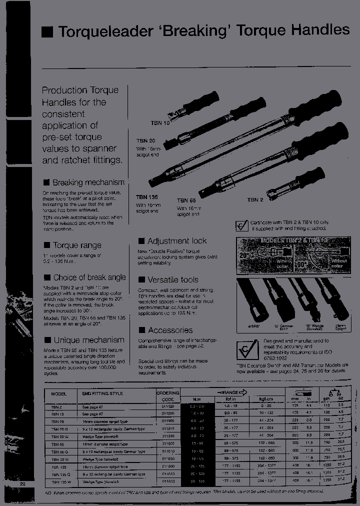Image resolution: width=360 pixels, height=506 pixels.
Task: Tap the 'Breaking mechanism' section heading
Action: (x=88, y=182)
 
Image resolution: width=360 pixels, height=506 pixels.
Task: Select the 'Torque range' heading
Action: (x=77, y=245)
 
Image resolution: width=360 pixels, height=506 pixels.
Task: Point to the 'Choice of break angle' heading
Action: (x=89, y=277)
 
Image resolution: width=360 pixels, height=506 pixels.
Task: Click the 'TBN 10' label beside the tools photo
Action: (x=160, y=122)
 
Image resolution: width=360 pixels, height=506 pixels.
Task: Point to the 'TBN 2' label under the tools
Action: (x=255, y=200)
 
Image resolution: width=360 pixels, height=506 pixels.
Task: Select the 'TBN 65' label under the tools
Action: (x=186, y=200)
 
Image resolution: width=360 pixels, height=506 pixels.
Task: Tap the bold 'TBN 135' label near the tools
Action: (x=147, y=197)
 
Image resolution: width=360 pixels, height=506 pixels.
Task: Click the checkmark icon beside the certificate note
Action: (x=242, y=226)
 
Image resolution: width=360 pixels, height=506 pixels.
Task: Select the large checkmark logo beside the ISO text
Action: (x=246, y=350)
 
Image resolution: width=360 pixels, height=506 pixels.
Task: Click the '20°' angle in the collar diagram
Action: (x=244, y=254)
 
